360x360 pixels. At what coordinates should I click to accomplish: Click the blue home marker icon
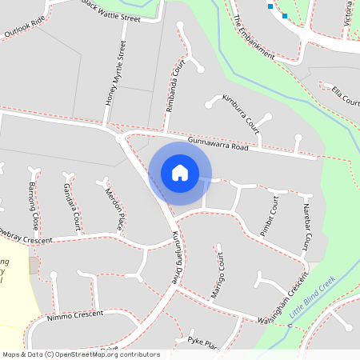180,173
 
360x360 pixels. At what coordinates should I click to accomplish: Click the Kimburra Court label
242,114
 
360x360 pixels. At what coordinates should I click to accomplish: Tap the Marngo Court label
218,279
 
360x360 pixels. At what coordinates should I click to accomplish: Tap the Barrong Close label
34,204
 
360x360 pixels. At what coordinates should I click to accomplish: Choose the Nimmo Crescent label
76,314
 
